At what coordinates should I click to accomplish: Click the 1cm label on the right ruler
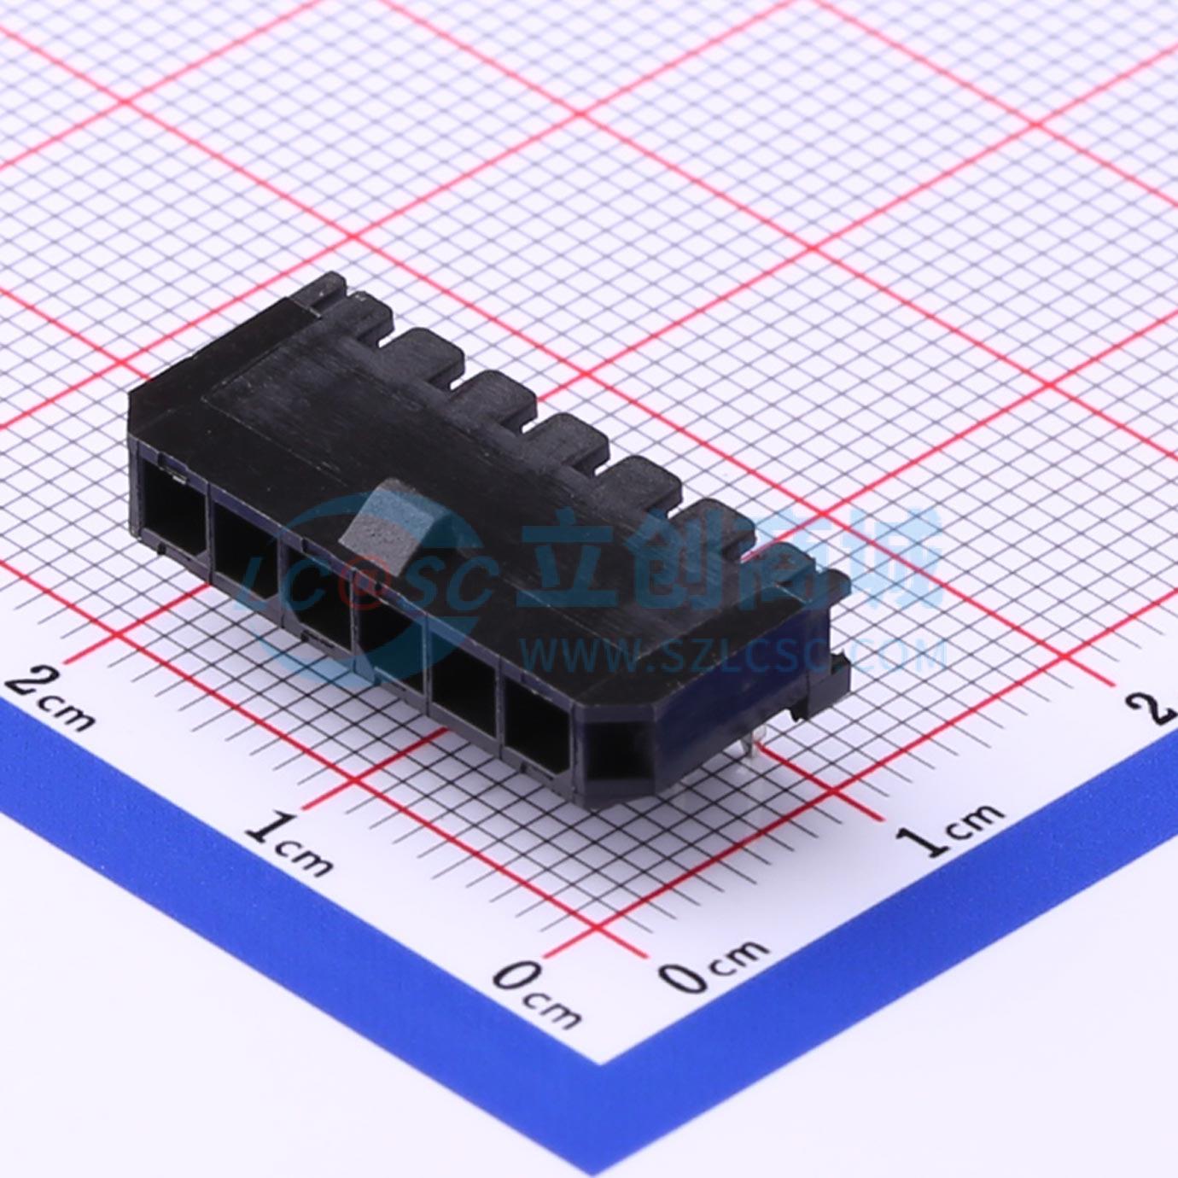pyautogui.click(x=953, y=825)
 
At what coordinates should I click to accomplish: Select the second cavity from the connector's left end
pyautogui.click(x=244, y=542)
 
